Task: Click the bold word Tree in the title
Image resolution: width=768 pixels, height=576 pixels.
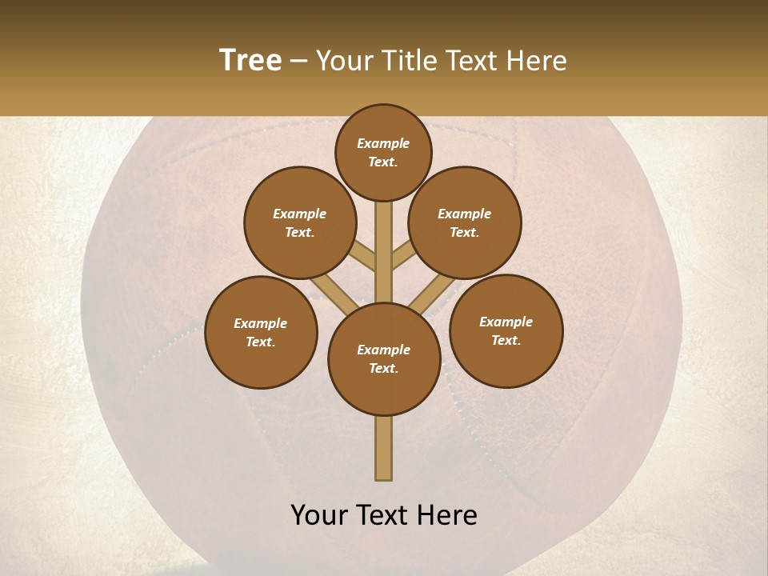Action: click(250, 60)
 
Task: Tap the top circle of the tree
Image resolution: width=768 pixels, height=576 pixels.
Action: click(383, 152)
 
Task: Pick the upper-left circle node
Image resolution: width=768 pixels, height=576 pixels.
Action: click(299, 222)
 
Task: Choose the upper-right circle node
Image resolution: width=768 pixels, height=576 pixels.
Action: click(465, 222)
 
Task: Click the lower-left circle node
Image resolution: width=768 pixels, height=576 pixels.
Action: click(261, 332)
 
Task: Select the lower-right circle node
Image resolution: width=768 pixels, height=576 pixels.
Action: click(506, 330)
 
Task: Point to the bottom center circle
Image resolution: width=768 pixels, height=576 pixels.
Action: click(384, 358)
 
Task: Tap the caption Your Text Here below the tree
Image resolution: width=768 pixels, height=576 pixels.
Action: click(384, 515)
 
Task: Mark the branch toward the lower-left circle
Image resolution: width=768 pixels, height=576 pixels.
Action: click(330, 292)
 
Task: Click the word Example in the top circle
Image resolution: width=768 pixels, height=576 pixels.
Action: click(383, 143)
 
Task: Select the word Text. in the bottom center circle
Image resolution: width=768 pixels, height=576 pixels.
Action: click(383, 368)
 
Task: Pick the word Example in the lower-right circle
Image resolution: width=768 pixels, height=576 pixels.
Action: click(506, 322)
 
